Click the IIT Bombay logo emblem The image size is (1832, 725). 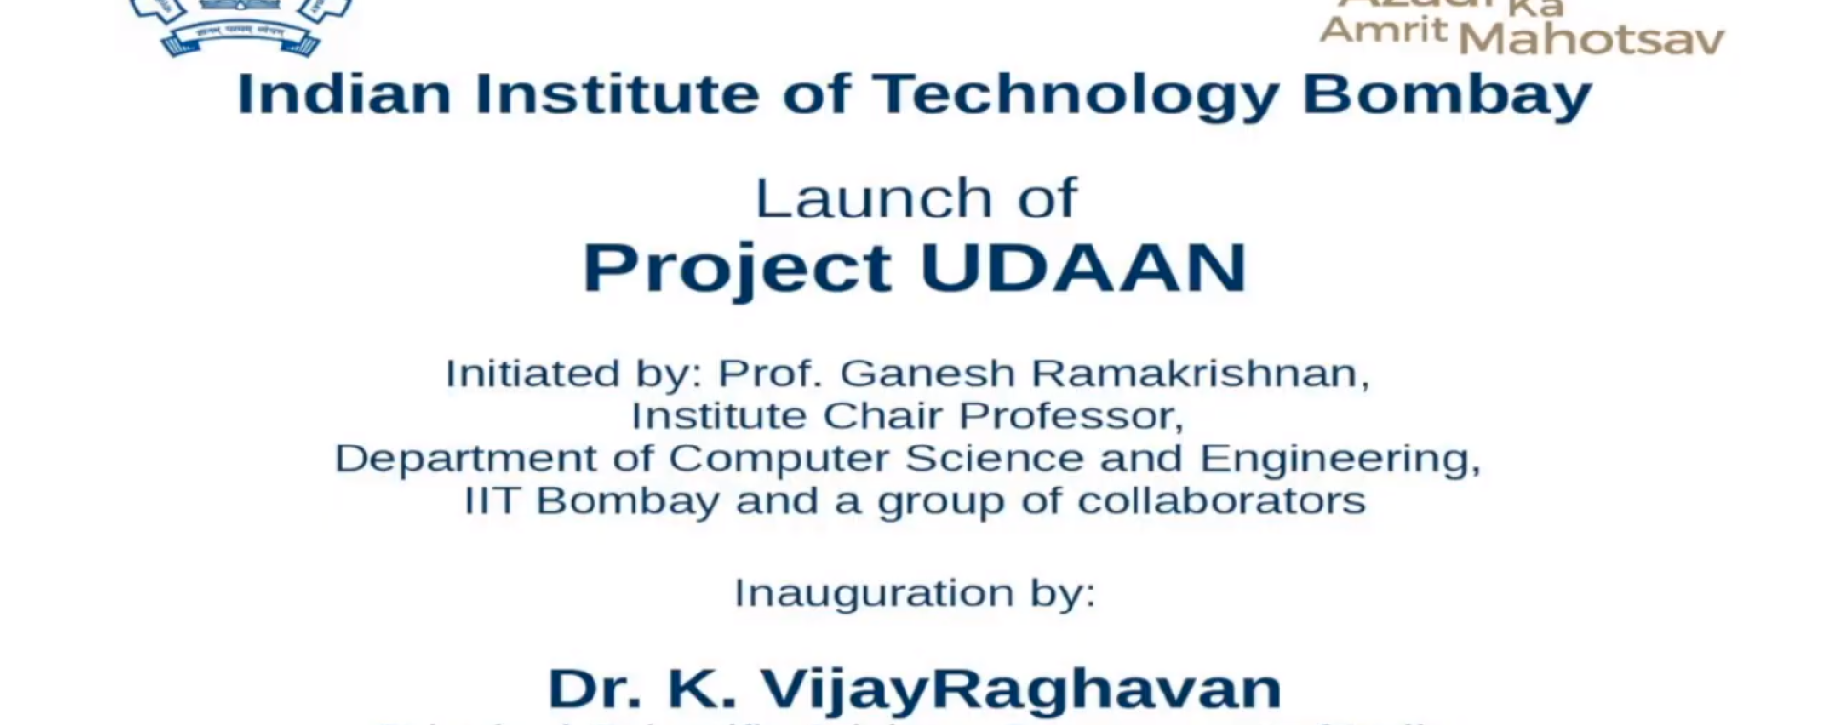point(240,24)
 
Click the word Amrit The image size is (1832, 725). point(1384,30)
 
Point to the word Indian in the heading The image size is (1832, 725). point(344,94)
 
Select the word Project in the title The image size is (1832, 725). point(738,269)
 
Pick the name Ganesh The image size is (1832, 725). point(926,373)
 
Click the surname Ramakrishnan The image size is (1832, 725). point(1199,373)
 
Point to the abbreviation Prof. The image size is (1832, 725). point(770,373)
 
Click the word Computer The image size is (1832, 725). point(779,459)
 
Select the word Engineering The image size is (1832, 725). point(1339,460)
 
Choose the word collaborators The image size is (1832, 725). point(1221,501)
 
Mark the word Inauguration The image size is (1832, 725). point(873,593)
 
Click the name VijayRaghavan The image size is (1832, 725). point(1020,689)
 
